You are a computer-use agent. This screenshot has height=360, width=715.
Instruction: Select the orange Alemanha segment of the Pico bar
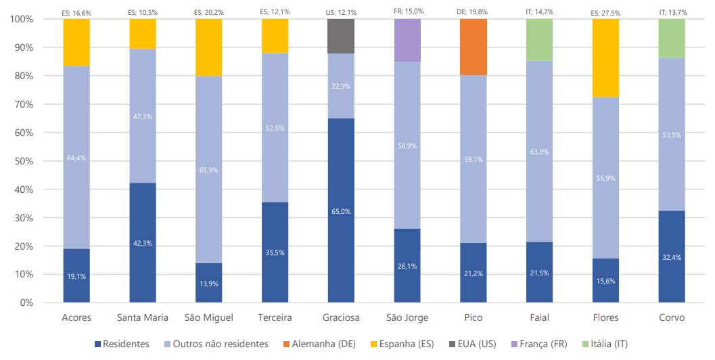click(474, 47)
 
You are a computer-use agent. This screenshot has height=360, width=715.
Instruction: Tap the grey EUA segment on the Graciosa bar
click(341, 36)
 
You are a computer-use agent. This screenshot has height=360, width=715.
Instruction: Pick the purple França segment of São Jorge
click(407, 40)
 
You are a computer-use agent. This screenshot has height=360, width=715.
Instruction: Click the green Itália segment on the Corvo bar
click(672, 38)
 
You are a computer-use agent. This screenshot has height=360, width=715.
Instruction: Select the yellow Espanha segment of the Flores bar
click(605, 58)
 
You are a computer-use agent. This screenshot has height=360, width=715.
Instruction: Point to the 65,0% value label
click(341, 212)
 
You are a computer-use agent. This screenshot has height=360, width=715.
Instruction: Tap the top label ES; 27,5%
click(605, 12)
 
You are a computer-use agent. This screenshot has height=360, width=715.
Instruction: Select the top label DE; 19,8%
click(473, 12)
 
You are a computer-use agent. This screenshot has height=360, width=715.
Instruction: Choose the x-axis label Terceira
click(275, 317)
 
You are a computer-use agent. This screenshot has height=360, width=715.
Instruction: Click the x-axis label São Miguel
click(208, 317)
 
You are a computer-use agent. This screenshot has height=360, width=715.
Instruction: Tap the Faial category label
click(539, 317)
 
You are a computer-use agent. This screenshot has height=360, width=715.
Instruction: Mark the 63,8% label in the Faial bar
click(539, 161)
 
